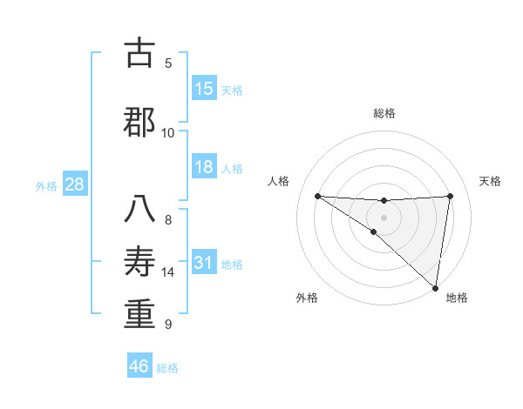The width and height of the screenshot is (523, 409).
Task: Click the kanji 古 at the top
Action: pos(139,54)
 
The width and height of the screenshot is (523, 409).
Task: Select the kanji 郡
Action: pos(139,123)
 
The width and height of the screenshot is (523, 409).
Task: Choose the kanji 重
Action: pos(139,314)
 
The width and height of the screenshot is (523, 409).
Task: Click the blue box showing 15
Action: pos(204,89)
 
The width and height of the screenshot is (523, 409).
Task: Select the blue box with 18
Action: pos(204,167)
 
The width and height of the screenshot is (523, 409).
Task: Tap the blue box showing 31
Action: pos(204,263)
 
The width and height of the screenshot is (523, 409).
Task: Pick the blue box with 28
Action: pos(74,184)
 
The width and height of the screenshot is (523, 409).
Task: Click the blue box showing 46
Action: pos(139,365)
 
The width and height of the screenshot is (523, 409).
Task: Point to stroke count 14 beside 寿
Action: pos(168,272)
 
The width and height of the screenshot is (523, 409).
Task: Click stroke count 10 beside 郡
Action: pos(168,132)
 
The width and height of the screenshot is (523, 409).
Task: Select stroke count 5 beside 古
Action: pos(168,64)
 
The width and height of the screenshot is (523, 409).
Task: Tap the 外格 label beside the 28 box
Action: pos(46,185)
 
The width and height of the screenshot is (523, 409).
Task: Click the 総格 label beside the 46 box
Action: pos(168,367)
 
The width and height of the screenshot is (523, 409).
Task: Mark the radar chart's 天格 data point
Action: pos(450,196)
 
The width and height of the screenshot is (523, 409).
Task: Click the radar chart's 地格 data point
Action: pos(436,287)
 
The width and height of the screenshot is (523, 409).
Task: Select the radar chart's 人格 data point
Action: pos(317,196)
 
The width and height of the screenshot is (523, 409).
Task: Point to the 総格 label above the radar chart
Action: pos(384,113)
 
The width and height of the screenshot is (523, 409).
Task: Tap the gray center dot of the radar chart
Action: pos(384,217)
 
